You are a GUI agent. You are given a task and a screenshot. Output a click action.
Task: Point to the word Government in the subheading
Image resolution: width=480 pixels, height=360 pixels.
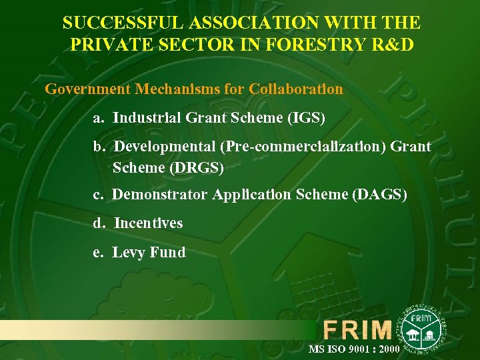(x=87, y=89)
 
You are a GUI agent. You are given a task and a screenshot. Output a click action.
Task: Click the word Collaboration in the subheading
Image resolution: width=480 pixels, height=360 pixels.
(x=296, y=89)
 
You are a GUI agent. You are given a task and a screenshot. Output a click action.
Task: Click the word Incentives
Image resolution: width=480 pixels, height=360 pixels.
(x=148, y=223)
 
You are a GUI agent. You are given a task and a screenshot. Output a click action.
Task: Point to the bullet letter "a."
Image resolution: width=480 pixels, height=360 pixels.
(x=99, y=119)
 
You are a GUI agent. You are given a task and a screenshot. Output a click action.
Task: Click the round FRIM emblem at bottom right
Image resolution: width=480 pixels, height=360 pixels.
(x=421, y=325)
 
